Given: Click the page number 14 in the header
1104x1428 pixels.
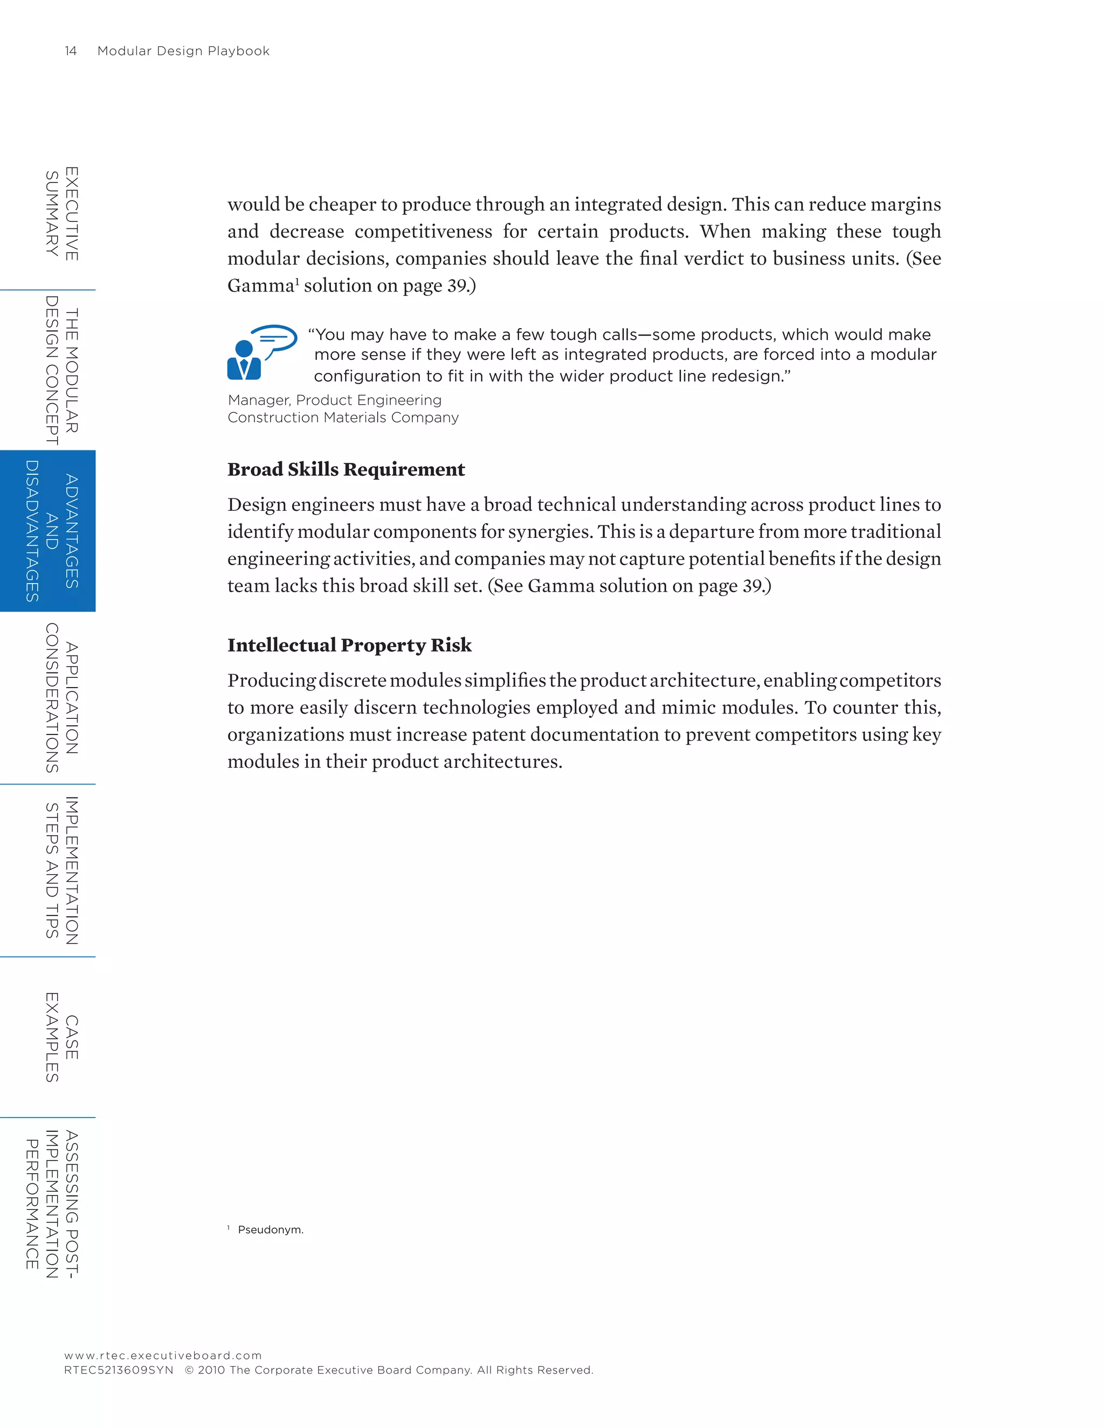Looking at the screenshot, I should pyautogui.click(x=71, y=51).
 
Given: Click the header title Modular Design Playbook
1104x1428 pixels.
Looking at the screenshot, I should pyautogui.click(x=183, y=51).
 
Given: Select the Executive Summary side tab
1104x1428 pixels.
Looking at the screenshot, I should pyautogui.click(x=61, y=214).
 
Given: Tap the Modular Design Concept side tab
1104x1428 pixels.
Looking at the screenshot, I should pyautogui.click(x=61, y=370).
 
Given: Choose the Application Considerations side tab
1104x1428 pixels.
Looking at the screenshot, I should pyautogui.click(x=61, y=698).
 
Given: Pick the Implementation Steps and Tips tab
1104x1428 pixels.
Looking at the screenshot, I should pyautogui.click(x=61, y=870).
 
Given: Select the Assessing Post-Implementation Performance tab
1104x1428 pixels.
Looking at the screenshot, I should pyautogui.click(x=52, y=1204).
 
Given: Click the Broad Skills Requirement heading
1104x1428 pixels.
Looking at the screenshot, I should pyautogui.click(x=346, y=469).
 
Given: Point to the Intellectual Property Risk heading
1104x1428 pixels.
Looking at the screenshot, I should pyautogui.click(x=349, y=646).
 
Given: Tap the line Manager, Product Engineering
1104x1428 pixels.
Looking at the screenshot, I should pyautogui.click(x=334, y=400).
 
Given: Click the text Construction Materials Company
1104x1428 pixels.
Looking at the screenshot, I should pyautogui.click(x=343, y=418).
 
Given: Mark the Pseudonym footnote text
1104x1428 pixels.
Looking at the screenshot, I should pyautogui.click(x=270, y=1230).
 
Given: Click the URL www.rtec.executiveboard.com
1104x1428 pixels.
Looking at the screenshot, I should pyautogui.click(x=163, y=1355).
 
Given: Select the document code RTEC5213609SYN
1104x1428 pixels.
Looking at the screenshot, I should pyautogui.click(x=119, y=1370).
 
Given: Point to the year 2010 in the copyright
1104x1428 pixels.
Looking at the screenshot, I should pyautogui.click(x=211, y=1370).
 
